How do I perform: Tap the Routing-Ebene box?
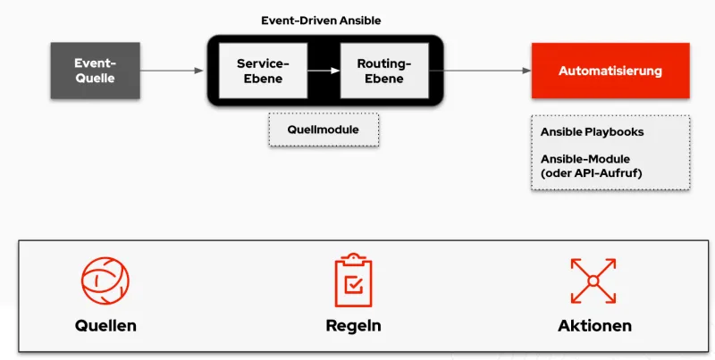coord(384,71)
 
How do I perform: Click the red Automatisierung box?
coord(610,71)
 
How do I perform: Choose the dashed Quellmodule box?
coord(323,130)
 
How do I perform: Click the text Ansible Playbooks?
coord(592,131)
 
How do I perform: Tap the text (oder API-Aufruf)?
coord(591,172)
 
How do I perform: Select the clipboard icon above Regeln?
coord(353,280)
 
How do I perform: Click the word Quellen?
coord(105,325)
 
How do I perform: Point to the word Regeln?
coord(353,325)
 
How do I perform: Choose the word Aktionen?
coord(594,325)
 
